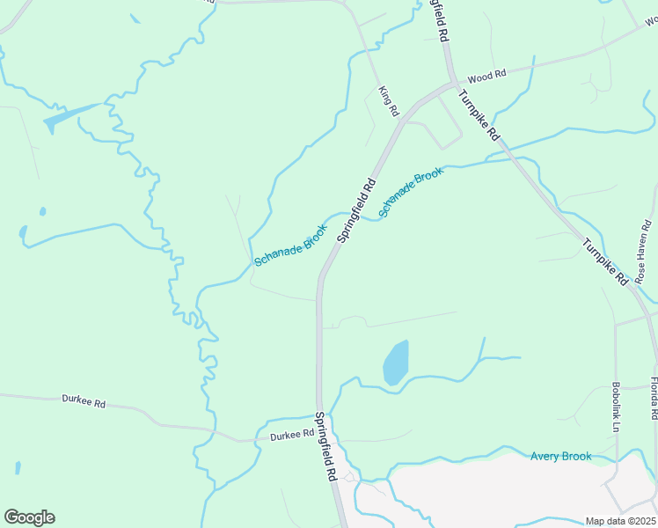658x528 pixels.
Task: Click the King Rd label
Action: point(388,101)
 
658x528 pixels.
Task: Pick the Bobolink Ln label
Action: point(617,407)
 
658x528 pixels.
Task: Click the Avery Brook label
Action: point(560,456)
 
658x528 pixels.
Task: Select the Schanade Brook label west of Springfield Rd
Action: point(290,245)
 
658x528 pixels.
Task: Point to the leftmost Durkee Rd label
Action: point(84,400)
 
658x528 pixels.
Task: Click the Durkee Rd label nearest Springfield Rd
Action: point(292,435)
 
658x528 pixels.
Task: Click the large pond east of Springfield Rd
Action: point(396,362)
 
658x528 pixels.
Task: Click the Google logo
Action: point(29,517)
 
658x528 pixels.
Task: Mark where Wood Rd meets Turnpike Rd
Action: point(454,84)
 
